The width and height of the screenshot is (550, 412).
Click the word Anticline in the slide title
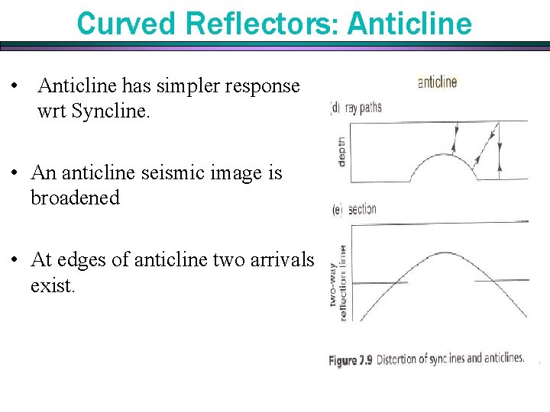coord(409,24)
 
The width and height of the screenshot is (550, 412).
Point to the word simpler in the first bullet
coord(176,85)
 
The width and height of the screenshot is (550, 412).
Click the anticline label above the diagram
coord(437,82)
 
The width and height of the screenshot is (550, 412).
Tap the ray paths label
coord(364,108)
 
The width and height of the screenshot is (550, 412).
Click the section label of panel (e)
coord(362,210)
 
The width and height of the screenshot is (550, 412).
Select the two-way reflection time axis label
coord(338,282)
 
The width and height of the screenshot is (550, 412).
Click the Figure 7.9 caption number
coord(351,360)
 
